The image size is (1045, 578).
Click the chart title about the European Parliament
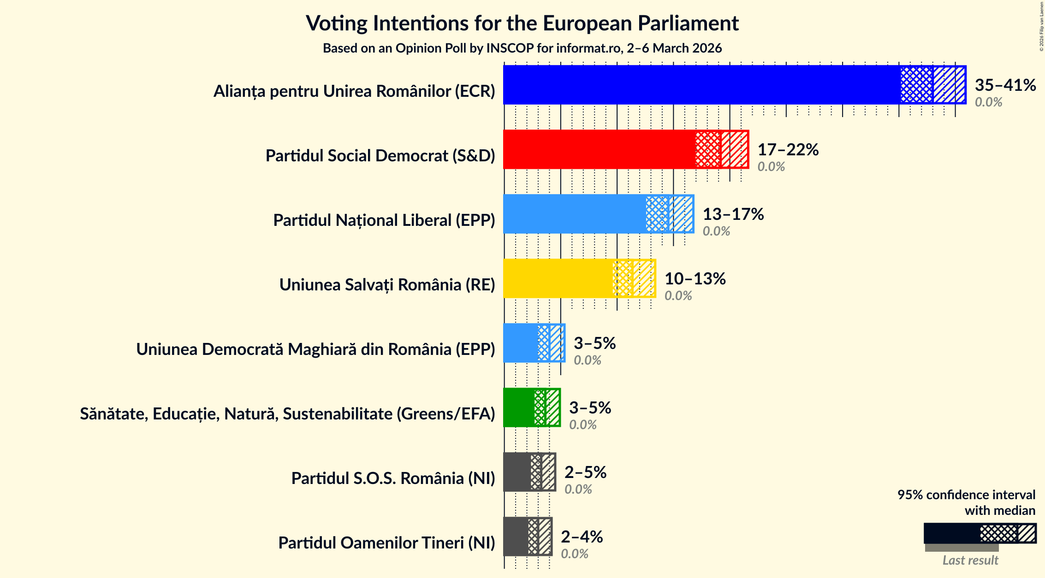522,23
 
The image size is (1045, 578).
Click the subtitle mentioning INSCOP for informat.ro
522,48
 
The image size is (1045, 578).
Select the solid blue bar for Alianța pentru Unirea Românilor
701,85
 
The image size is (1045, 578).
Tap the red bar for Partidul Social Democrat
600,149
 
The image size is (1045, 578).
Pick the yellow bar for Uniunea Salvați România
558,278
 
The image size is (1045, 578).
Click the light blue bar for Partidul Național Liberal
574,214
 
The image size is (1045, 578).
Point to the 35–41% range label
1005,85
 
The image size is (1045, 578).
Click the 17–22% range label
788,149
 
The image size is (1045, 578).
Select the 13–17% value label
733,214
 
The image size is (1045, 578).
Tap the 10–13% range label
695,278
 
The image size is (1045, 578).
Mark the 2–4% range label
582,537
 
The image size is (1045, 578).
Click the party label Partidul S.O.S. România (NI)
393,478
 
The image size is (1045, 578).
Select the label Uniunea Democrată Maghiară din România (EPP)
315,349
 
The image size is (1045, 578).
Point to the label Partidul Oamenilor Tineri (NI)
386,543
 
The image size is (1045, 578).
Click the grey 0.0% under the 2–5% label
578,489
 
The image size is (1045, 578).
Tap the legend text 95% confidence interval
966,495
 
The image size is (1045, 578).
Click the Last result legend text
970,560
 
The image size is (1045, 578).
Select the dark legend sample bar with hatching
980,533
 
